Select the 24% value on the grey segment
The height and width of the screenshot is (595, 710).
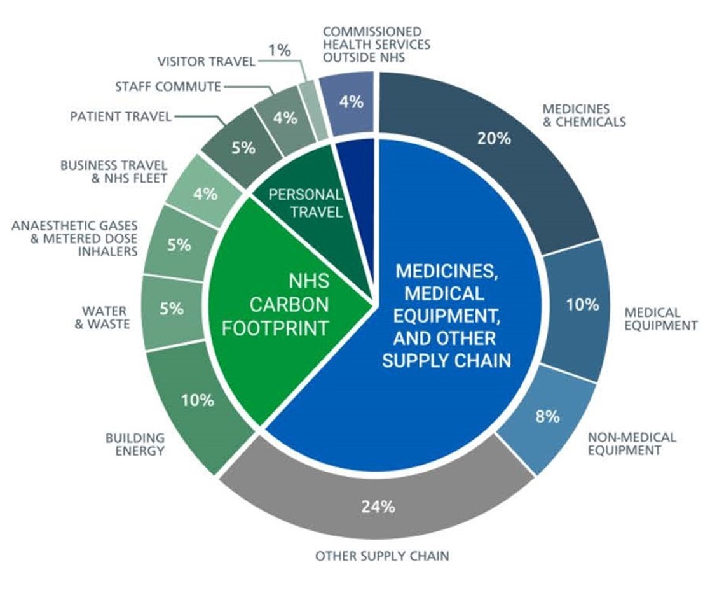(379, 507)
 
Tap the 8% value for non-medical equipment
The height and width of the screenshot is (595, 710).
(547, 416)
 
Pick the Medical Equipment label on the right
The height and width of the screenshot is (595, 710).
(661, 319)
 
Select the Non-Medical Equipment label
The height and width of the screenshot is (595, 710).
(632, 444)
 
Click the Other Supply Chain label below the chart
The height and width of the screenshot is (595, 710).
(382, 556)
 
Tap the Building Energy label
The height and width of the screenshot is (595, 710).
(135, 445)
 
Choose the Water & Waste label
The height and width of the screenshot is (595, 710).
(106, 318)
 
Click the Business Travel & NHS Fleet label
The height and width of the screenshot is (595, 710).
(114, 171)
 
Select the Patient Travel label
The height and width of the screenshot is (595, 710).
(121, 116)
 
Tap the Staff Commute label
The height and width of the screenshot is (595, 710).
(168, 86)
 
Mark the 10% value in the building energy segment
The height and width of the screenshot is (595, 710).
(198, 400)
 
